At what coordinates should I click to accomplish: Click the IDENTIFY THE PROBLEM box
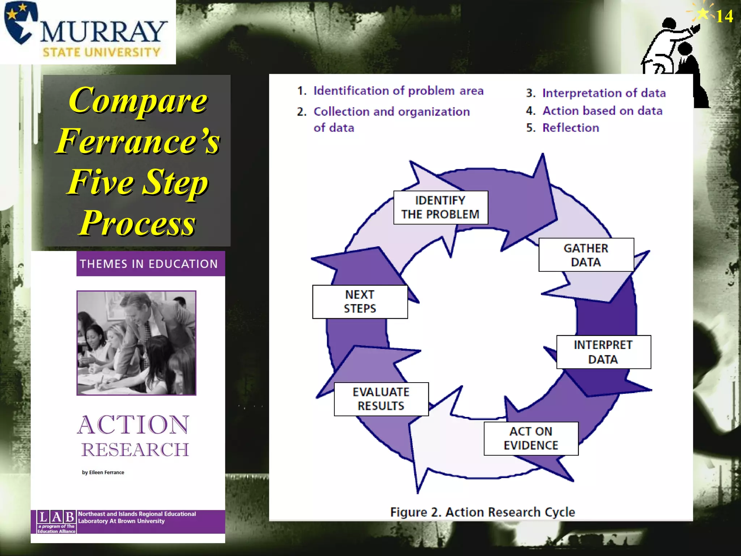pos(440,207)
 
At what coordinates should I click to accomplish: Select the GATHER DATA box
pos(586,255)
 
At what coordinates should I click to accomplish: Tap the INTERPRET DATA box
pos(603,352)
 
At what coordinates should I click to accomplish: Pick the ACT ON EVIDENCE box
pos(531,438)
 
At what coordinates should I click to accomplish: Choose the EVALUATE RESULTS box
pos(381,399)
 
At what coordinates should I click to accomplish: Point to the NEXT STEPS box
pos(360,302)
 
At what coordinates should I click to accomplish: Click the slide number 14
pos(724,16)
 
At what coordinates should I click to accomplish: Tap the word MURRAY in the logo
pos(103,32)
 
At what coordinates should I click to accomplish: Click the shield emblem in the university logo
pos(20,22)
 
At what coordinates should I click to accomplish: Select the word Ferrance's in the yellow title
pos(137,141)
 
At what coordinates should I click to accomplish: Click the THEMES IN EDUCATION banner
pos(149,264)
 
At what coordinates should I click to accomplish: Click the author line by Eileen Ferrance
pos(103,472)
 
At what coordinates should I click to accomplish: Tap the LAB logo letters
pos(56,517)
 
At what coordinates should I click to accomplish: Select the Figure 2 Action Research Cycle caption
pos(482,512)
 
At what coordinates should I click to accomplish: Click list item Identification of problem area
pos(398,90)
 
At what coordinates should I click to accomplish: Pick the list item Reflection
pos(570,128)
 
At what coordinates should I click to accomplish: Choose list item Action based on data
pos(602,111)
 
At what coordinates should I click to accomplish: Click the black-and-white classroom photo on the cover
pos(136,342)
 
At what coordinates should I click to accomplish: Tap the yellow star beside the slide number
pos(703,14)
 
